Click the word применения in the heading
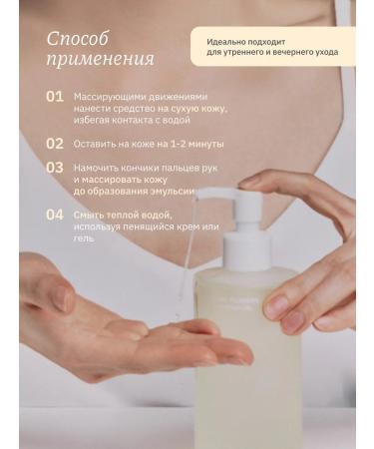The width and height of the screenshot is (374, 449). tap(100, 59)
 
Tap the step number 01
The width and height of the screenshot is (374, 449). tap(55, 97)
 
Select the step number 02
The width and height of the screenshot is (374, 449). tap(55, 143)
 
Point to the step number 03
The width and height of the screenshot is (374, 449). tap(56, 167)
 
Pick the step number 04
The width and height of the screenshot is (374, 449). tap(55, 215)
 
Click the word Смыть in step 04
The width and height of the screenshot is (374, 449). tap(88, 214)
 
